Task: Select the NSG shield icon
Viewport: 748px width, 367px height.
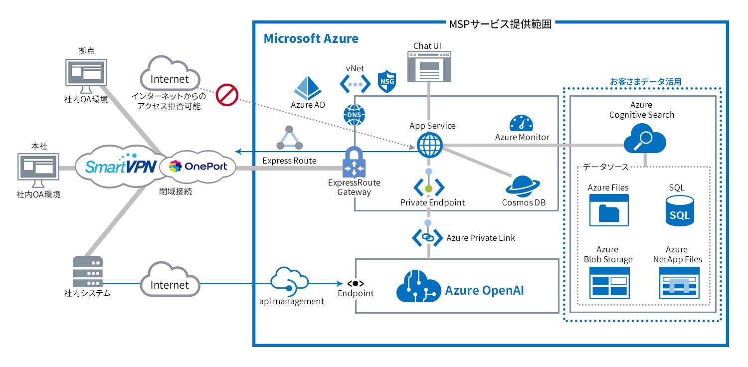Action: coord(387,81)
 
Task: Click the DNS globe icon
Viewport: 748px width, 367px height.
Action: coord(354,115)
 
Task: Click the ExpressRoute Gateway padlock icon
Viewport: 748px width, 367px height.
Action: coord(354,162)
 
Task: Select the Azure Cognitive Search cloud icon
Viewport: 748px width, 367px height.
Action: coord(644,139)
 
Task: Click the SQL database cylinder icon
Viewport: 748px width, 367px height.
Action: coord(679,210)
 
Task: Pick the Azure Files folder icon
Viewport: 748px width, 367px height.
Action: coord(608,210)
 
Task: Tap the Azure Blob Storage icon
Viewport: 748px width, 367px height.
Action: coord(609,283)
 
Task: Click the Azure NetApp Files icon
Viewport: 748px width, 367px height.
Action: coord(679,283)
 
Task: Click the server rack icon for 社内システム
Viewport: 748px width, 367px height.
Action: coord(87,272)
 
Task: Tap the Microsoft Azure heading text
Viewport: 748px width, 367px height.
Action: coord(311,38)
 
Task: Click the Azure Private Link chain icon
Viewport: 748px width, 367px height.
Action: coord(428,237)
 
